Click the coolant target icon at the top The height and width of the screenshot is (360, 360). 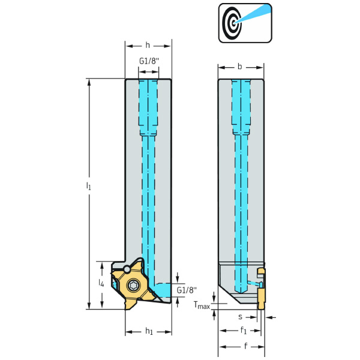point(244,23)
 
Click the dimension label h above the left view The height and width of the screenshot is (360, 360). point(148,45)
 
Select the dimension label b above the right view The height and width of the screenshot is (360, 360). point(240,67)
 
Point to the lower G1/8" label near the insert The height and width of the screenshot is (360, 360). point(187,290)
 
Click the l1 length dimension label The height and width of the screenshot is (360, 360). point(89,187)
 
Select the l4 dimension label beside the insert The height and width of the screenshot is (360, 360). point(101,281)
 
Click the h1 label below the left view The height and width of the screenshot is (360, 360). point(149,331)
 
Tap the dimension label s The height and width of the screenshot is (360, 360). point(240,316)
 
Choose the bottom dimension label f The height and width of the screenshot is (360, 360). point(246,346)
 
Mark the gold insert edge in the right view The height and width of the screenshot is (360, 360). point(262,298)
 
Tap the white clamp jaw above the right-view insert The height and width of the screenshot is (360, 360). point(260,274)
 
